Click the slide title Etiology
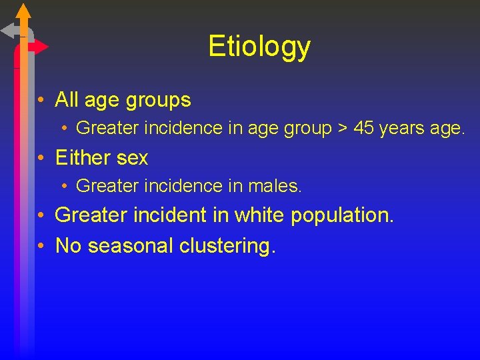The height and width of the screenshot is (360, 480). [x=259, y=46]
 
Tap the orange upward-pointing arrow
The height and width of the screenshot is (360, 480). [x=23, y=11]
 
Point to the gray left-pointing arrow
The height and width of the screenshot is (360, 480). [x=9, y=31]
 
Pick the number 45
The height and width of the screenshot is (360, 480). [x=364, y=128]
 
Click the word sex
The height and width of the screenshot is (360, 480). [x=131, y=159]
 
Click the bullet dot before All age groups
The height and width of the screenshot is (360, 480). [x=41, y=101]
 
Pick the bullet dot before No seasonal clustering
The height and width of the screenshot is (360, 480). [x=41, y=246]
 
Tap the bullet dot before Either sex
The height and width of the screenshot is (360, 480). [x=41, y=159]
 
